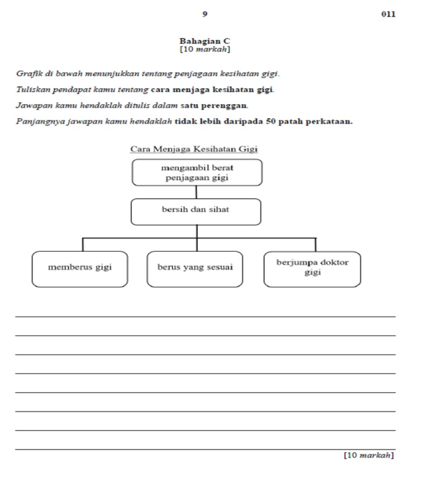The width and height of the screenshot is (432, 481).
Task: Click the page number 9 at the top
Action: pos(205,13)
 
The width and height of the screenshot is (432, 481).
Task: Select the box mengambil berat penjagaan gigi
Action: pos(197,172)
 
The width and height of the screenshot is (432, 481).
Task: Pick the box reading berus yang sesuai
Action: pos(195,269)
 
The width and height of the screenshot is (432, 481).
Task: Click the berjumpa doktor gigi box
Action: pos(312,269)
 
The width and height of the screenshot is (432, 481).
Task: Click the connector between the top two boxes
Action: pos(197,192)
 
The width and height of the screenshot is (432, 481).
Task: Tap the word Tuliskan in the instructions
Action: pos(31,89)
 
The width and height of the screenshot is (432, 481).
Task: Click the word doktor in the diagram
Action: pos(334,263)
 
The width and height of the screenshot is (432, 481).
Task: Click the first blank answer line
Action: pos(205,316)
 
